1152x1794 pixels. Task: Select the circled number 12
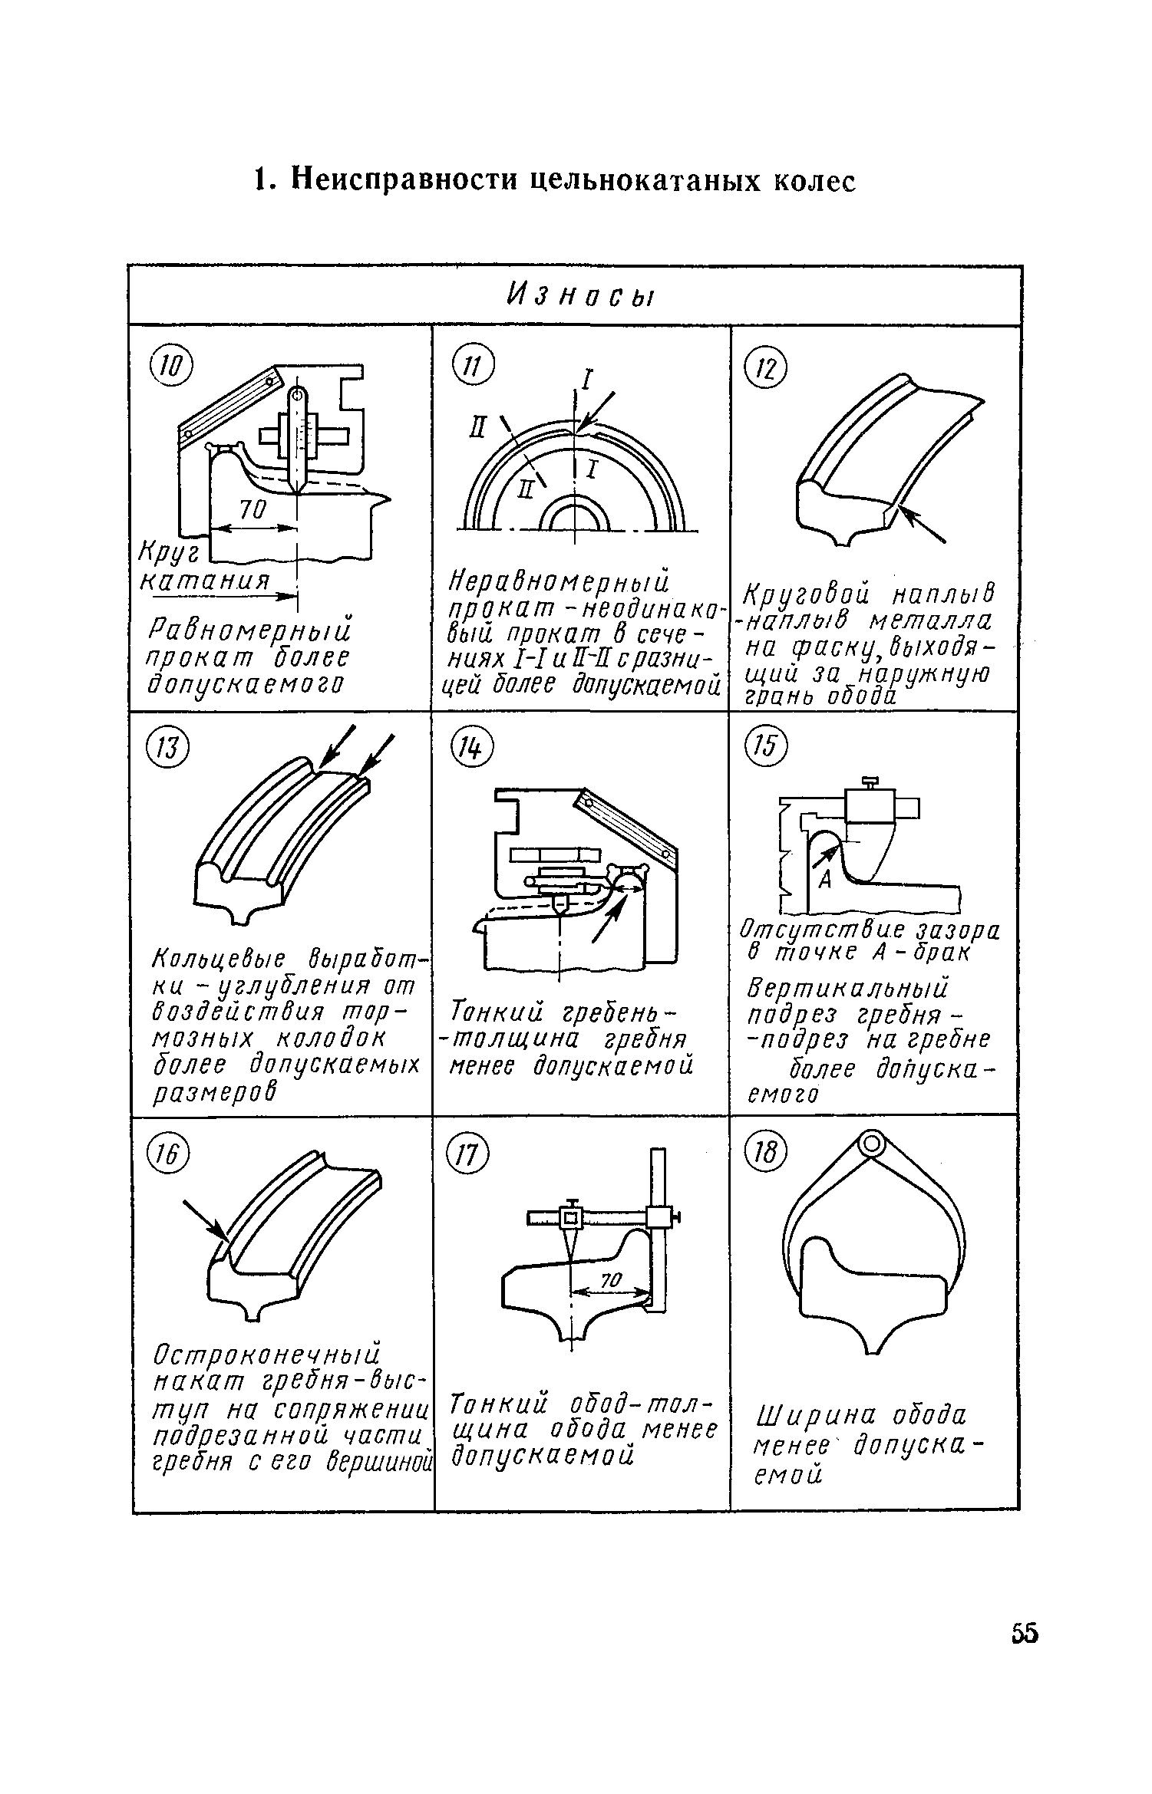click(767, 372)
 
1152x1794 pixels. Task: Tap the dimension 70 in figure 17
click(609, 1280)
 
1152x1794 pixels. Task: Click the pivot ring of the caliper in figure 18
click(870, 1146)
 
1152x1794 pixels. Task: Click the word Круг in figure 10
click(168, 551)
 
